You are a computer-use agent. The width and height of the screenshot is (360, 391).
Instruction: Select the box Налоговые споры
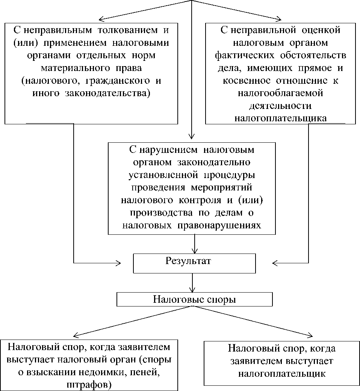click(194, 300)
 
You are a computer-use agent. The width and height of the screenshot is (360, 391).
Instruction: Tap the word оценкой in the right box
click(323, 30)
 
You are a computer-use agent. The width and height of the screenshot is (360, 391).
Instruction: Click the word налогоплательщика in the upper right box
click(280, 118)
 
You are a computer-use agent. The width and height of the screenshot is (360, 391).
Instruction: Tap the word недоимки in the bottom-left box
click(97, 372)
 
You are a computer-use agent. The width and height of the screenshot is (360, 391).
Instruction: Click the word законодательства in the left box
click(116, 93)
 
